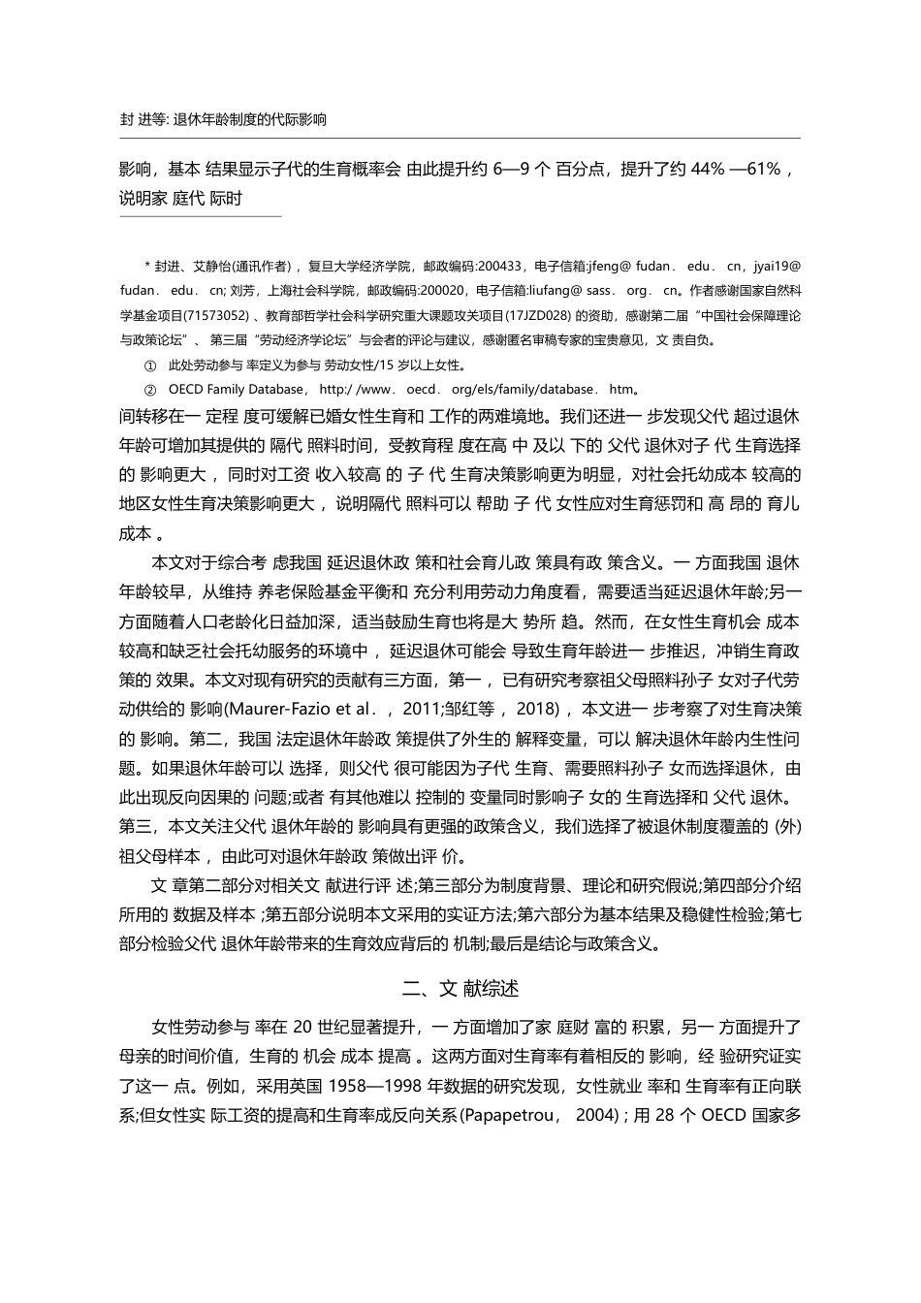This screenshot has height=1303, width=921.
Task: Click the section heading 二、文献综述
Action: click(x=460, y=988)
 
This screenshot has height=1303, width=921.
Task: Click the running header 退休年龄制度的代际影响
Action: click(x=249, y=120)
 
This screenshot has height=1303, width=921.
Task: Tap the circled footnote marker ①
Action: click(x=149, y=365)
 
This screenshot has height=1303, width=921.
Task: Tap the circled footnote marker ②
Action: click(x=149, y=390)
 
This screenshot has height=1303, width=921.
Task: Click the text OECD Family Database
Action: click(x=236, y=390)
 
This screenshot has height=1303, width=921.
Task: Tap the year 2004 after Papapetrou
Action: click(x=594, y=1115)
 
